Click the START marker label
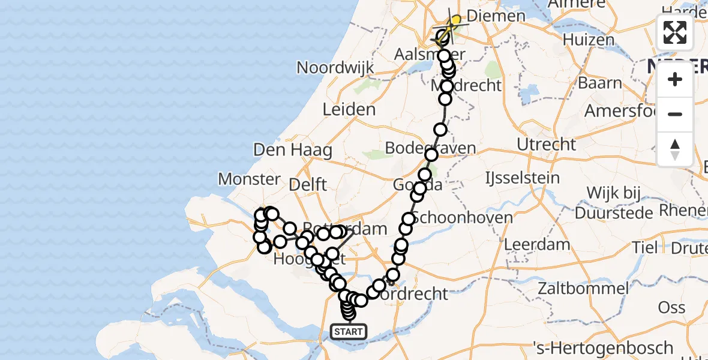(x=348, y=331)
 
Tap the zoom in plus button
(x=675, y=79)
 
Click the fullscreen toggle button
(x=675, y=32)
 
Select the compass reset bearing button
(x=675, y=148)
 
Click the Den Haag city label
(x=293, y=149)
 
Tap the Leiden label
(x=349, y=109)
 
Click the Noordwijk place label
(x=335, y=67)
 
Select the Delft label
(x=308, y=184)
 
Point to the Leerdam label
(x=538, y=244)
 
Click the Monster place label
(x=249, y=178)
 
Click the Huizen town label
(x=589, y=40)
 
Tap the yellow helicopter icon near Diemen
(x=455, y=22)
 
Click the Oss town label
(x=671, y=307)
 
